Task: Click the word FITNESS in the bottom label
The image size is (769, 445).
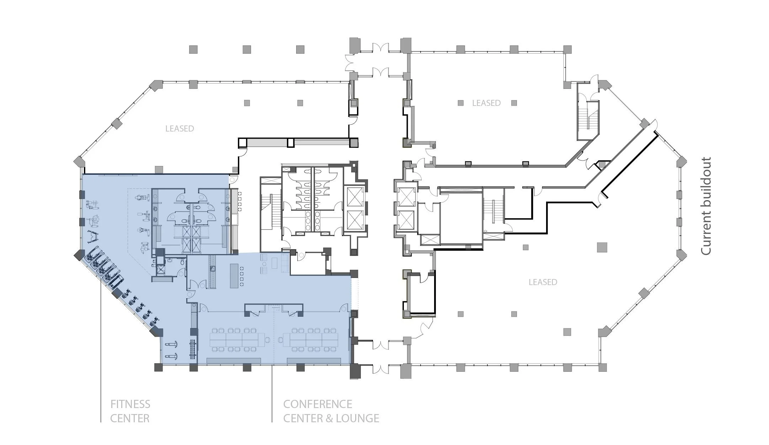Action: [x=130, y=404]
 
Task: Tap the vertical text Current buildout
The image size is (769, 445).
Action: [x=706, y=206]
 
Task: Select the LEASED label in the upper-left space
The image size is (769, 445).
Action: [x=180, y=129]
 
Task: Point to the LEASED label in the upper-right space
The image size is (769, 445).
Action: [x=486, y=103]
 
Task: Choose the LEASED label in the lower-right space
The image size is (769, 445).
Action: [x=543, y=282]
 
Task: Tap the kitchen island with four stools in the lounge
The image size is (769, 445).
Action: [x=234, y=275]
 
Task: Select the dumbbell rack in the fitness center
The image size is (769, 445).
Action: [x=193, y=350]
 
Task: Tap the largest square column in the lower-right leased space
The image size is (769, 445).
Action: [x=602, y=247]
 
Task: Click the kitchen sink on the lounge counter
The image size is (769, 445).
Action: [x=212, y=269]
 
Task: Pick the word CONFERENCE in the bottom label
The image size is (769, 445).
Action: [x=317, y=404]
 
